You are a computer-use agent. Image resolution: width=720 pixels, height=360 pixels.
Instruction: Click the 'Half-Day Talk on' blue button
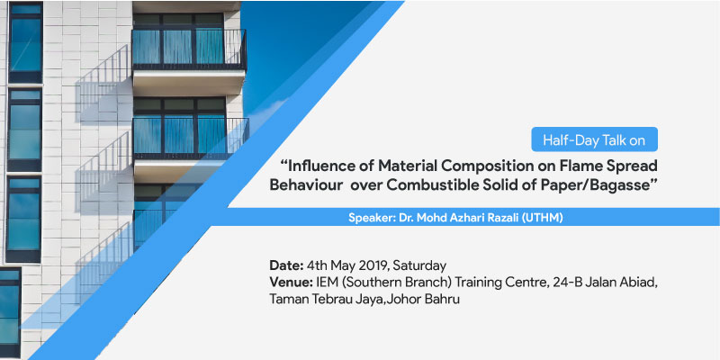pyautogui.click(x=595, y=139)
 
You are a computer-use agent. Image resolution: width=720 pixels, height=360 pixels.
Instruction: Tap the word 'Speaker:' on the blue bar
pyautogui.click(x=369, y=218)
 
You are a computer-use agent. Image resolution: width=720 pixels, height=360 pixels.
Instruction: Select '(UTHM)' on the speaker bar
pyautogui.click(x=546, y=218)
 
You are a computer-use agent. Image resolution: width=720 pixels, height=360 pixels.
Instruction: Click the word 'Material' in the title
pyautogui.click(x=396, y=166)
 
